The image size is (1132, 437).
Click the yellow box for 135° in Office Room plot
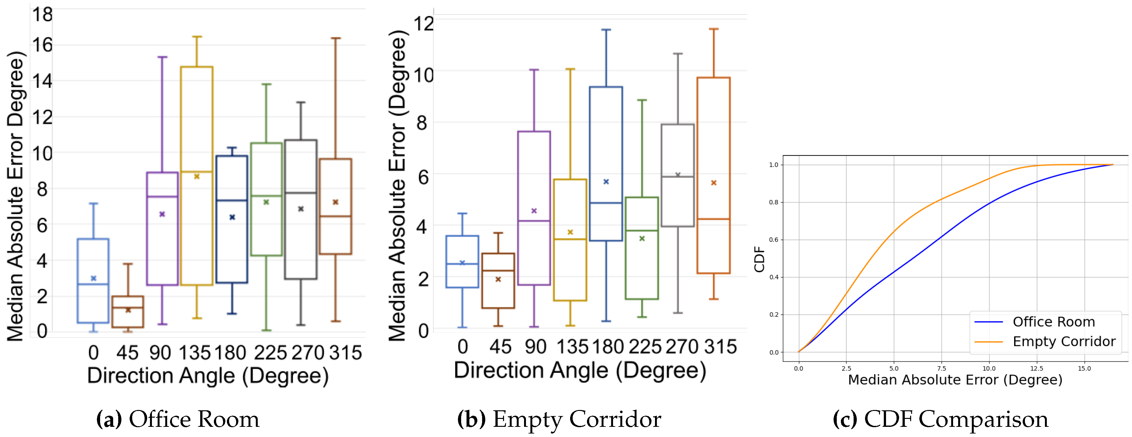coord(196,176)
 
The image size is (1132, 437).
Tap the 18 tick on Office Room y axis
coord(42,15)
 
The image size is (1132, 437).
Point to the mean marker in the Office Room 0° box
coord(93,278)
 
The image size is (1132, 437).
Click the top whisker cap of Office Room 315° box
coord(336,38)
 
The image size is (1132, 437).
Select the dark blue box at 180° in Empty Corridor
coord(605,164)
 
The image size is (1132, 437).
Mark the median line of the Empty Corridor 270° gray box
coord(678,177)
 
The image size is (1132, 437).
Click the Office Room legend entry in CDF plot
coord(1053,322)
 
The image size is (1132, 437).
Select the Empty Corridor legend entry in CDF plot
coord(1063,342)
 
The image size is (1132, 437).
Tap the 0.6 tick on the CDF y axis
coord(774,240)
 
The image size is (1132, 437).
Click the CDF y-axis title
coord(759,259)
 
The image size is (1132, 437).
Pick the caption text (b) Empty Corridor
coord(559,420)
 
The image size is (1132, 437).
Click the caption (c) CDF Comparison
coord(940,420)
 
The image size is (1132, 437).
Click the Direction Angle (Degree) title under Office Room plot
coord(208,376)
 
